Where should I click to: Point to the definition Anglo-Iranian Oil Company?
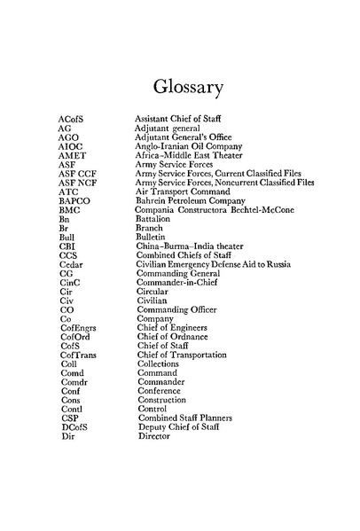point(187,146)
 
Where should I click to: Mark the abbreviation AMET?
point(72,155)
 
